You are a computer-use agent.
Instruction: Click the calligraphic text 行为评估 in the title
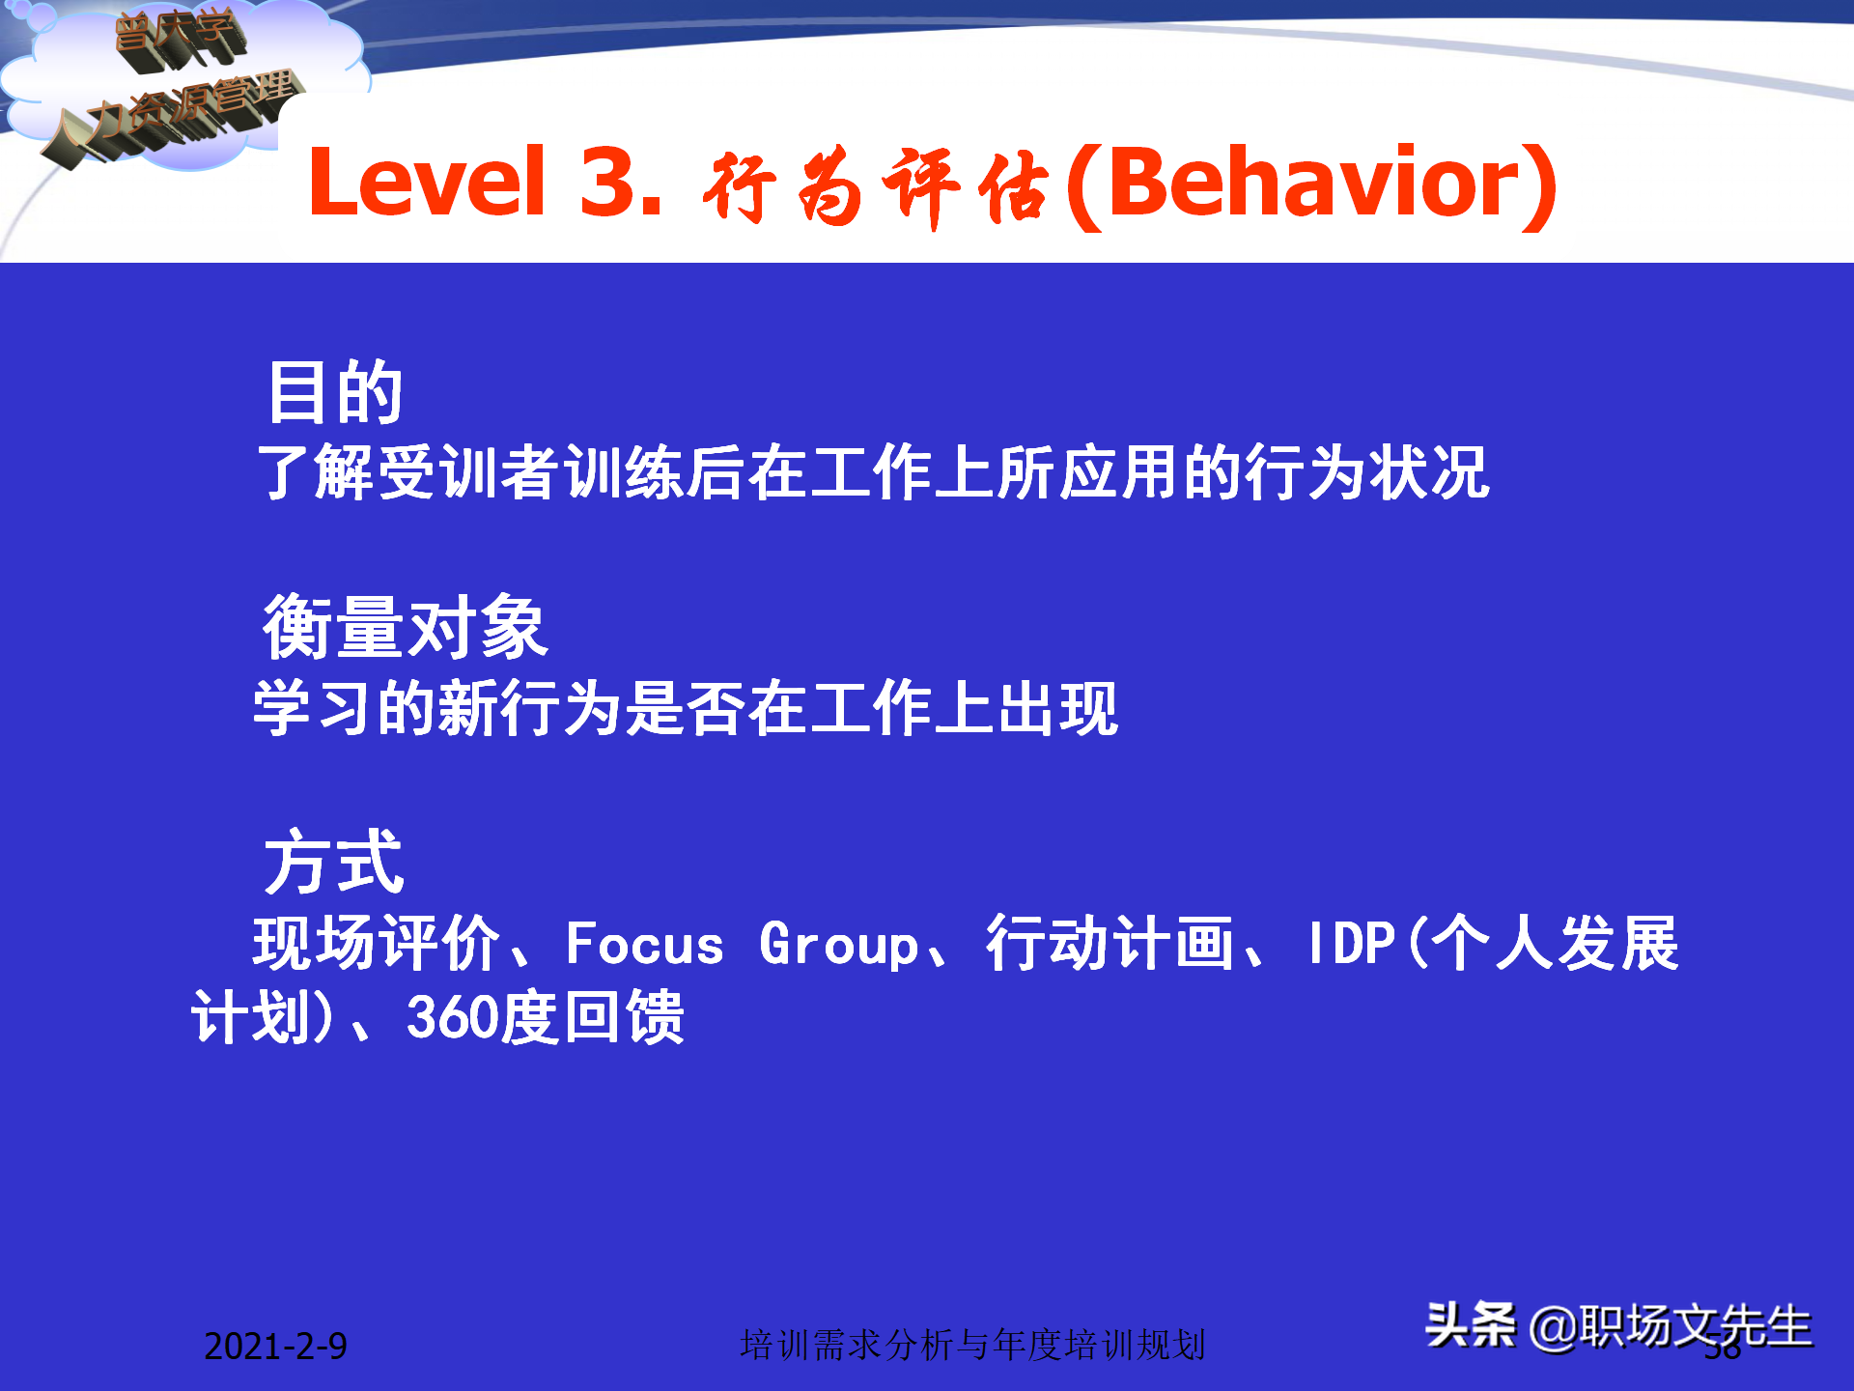point(875,186)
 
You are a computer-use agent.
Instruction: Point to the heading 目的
point(335,392)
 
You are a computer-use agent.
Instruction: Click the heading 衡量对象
point(406,628)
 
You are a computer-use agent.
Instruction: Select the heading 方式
point(334,863)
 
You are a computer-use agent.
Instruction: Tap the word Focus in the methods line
point(644,944)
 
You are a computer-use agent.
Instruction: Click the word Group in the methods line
point(838,946)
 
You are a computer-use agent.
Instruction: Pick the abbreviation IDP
point(1351,944)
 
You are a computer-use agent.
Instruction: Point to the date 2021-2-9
point(275,1346)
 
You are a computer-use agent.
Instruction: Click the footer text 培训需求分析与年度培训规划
point(972,1345)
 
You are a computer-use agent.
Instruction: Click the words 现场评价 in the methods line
point(377,944)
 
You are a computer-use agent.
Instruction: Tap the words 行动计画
point(1110,944)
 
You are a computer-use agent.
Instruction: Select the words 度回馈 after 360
point(592,1017)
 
